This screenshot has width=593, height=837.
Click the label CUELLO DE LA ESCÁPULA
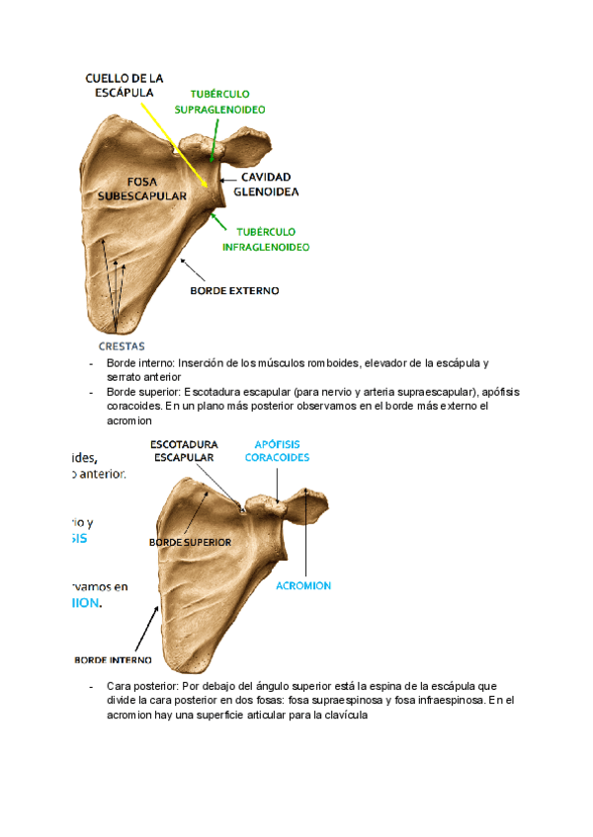tap(124, 85)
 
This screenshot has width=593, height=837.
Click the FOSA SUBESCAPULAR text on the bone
tap(142, 188)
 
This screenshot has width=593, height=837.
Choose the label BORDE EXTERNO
tap(234, 291)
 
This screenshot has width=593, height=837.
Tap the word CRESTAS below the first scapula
tap(122, 345)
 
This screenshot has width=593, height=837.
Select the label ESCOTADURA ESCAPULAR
tap(184, 451)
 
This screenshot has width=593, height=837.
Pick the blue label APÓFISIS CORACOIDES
tap(277, 451)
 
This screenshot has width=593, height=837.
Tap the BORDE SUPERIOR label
tap(190, 542)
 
